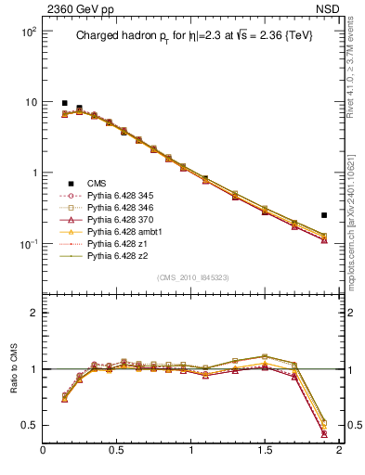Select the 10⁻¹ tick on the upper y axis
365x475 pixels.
click(27, 244)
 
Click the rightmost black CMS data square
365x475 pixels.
click(324, 215)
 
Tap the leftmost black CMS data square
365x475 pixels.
click(64, 103)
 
